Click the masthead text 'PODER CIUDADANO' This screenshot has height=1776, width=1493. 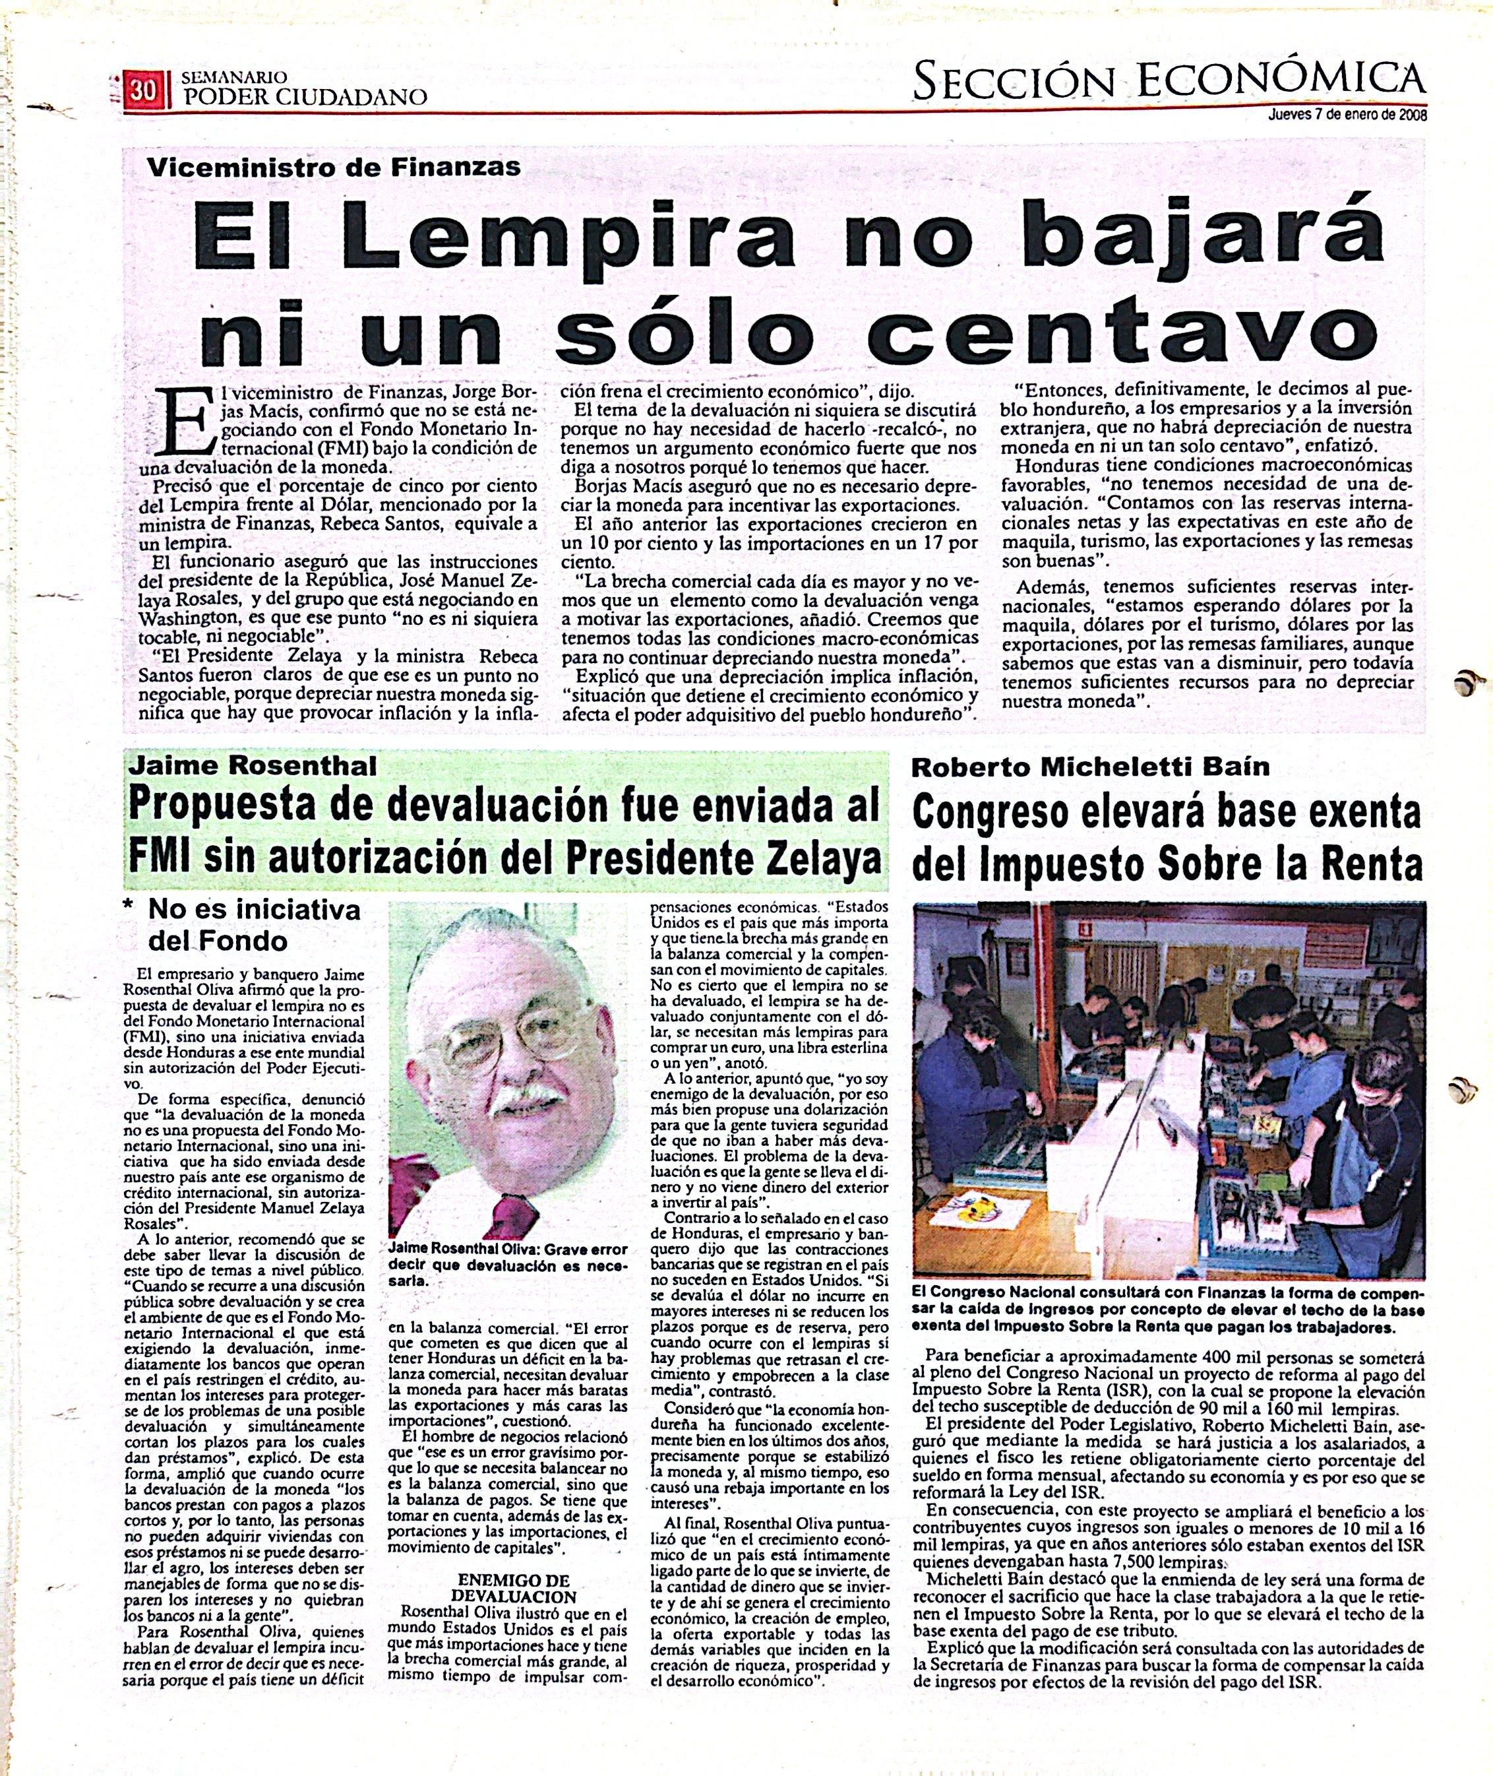tap(305, 98)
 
